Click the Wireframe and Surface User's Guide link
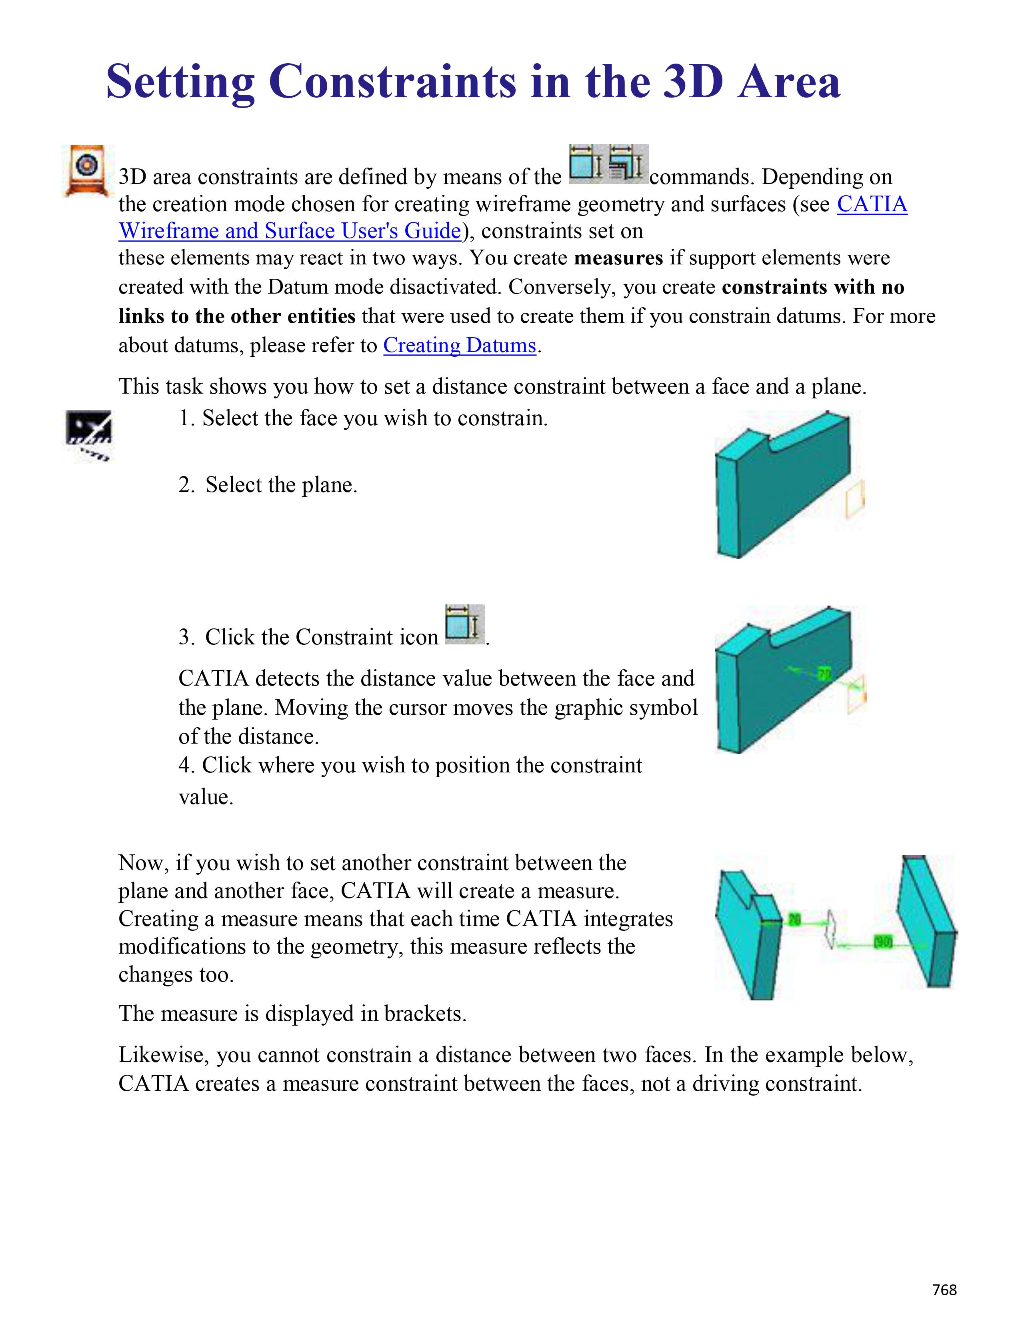290,231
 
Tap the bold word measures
618,258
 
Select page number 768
944,1289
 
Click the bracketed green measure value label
883,941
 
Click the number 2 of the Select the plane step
184,485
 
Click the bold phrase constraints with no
813,287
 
